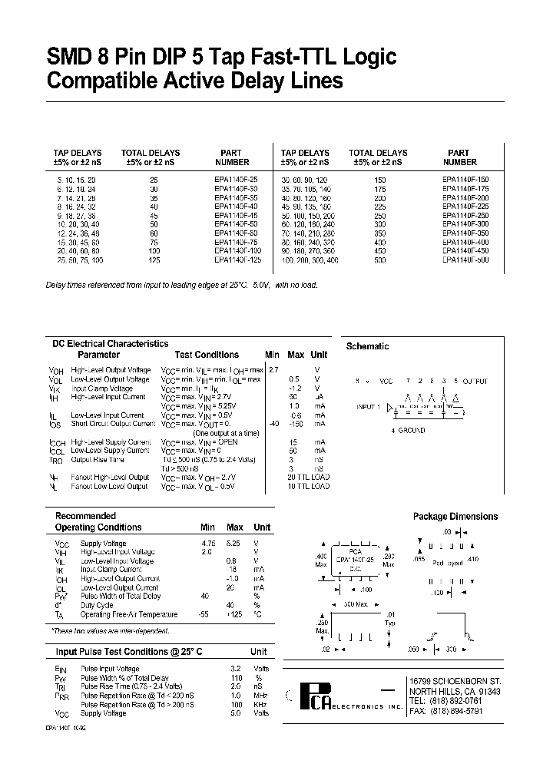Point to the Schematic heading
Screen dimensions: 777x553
pos(368,346)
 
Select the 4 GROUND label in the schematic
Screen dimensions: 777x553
pos(408,431)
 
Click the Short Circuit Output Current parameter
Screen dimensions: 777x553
pos(113,424)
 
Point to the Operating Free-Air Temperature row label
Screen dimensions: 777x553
pos(129,614)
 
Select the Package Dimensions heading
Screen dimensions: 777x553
pos(455,517)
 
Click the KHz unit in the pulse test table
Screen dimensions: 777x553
pos(261,704)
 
